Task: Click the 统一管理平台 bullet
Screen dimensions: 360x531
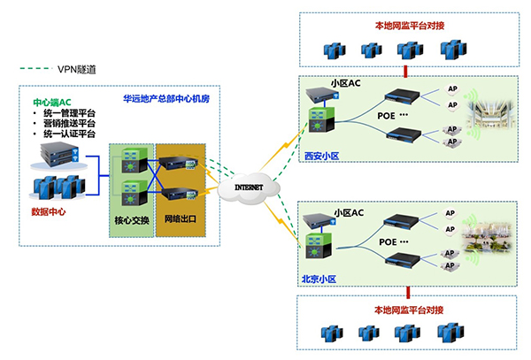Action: pos(69,113)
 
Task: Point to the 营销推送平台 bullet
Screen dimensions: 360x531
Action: pos(69,124)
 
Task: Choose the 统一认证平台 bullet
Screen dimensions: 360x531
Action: pos(69,134)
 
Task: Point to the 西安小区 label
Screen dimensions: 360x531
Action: pos(321,155)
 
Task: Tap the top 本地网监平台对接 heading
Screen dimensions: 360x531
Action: pos(406,26)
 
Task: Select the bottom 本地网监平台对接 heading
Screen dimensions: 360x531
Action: pos(406,310)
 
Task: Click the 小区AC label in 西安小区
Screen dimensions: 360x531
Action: pos(347,83)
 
